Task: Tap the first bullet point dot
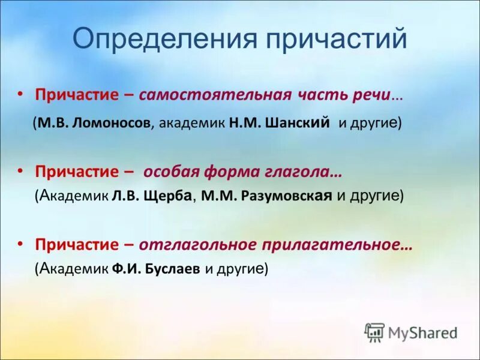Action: [20, 94]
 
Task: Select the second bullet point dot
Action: [20, 171]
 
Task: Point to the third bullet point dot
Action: [20, 244]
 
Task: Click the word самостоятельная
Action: [215, 95]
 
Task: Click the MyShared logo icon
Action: [374, 332]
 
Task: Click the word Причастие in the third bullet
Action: [77, 245]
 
